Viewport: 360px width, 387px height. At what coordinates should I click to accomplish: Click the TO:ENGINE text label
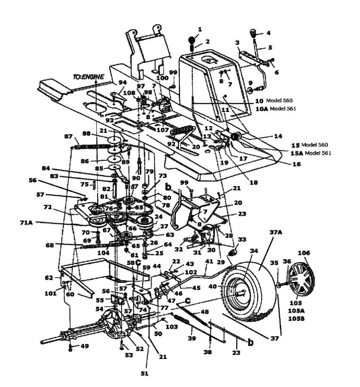[x=89, y=77]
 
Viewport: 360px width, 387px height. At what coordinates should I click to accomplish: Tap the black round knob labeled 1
[x=192, y=40]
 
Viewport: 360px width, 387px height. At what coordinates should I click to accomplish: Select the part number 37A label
[x=276, y=232]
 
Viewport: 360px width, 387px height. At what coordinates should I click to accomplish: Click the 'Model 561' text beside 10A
[x=283, y=108]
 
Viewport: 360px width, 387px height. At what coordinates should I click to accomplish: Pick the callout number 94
[x=123, y=82]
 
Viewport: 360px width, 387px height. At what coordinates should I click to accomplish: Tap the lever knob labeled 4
[x=253, y=33]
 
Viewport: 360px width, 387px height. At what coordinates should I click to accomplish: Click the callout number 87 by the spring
[x=68, y=136]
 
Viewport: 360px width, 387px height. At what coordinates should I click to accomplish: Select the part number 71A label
[x=26, y=223]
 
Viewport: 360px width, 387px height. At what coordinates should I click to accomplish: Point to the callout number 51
[x=145, y=373]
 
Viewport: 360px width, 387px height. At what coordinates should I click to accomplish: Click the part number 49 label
[x=85, y=346]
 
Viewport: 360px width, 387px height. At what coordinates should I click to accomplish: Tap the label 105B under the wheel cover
[x=296, y=319]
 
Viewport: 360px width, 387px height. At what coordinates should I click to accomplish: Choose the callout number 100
[x=162, y=78]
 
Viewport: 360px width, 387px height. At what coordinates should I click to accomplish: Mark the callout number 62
[x=49, y=278]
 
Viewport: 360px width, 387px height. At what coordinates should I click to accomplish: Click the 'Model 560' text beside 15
[x=315, y=145]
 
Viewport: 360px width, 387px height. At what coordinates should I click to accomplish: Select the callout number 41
[x=209, y=261]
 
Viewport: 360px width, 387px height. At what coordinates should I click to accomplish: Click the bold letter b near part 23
[x=250, y=343]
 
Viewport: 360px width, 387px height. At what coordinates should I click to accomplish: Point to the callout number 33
[x=242, y=239]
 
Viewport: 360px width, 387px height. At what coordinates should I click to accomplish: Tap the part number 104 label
[x=103, y=253]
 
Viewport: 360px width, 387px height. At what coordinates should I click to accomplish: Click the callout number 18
[x=253, y=183]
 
